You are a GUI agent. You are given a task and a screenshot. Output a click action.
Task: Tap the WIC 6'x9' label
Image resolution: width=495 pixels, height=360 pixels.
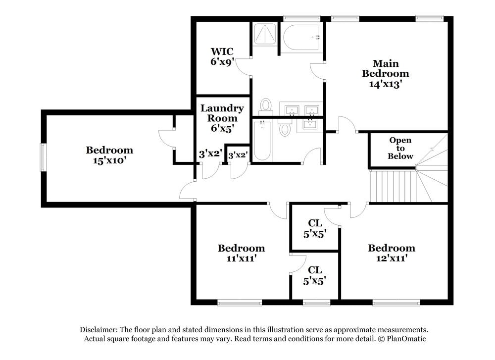(222, 56)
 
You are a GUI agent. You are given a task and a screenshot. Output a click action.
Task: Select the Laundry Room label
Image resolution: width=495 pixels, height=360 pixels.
(222, 113)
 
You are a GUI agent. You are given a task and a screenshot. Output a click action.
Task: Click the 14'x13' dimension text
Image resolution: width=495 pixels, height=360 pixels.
(385, 84)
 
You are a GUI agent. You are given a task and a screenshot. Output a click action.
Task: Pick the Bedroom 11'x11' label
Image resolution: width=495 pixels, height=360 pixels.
(241, 253)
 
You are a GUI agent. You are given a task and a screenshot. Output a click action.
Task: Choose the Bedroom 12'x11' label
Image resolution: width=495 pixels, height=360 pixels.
(391, 253)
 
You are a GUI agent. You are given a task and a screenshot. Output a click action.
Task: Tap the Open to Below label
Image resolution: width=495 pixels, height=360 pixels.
(400, 148)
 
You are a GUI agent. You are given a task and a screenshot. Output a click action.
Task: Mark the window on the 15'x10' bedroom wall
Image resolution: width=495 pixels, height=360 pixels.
(43, 157)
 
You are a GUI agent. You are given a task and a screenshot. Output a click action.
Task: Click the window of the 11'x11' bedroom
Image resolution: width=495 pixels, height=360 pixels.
(240, 303)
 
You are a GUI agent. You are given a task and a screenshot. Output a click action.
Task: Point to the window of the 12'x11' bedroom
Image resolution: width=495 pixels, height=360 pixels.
(396, 303)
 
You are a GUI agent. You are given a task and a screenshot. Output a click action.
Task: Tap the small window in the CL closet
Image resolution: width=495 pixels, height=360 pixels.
(316, 303)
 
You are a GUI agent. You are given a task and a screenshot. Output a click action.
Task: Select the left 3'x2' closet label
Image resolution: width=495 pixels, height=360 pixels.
(209, 154)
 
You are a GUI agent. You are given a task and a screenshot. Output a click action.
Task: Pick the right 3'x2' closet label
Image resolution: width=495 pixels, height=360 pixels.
(238, 155)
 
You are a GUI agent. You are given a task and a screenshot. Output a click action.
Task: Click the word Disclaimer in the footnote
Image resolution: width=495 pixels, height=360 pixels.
(97, 330)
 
